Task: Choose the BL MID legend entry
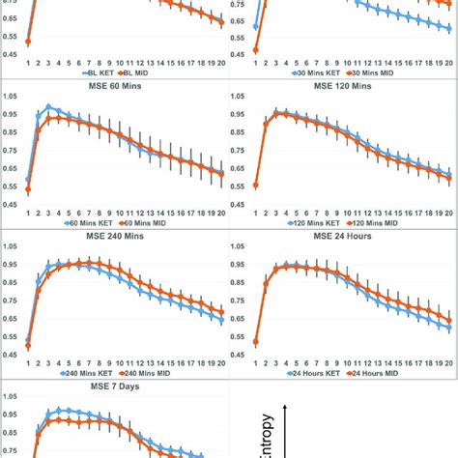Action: coord(144,72)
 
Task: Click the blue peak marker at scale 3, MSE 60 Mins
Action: coord(48,107)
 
